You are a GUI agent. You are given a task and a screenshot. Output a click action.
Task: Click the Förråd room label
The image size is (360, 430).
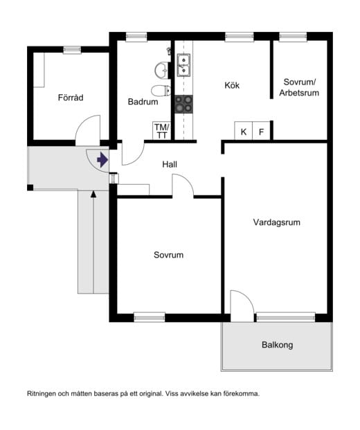click(71, 98)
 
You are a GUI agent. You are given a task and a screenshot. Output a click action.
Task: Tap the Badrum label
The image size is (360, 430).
click(143, 102)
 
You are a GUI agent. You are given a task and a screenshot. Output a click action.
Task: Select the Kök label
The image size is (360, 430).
click(232, 85)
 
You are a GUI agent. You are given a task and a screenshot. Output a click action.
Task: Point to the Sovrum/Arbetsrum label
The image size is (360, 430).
click(299, 87)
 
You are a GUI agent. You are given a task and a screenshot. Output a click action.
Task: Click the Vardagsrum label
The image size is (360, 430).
click(277, 222)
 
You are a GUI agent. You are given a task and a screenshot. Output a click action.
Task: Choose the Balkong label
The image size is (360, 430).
click(277, 345)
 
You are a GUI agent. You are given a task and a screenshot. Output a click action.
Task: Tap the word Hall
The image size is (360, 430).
click(170, 164)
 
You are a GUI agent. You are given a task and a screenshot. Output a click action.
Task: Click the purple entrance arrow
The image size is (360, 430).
click(102, 159)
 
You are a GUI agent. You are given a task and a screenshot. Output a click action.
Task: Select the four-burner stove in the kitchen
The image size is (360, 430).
click(183, 104)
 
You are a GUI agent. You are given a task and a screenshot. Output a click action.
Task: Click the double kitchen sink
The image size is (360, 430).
click(183, 65)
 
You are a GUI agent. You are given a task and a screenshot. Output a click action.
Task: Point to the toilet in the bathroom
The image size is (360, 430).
click(161, 91)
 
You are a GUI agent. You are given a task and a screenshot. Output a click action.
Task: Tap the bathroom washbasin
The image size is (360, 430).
click(162, 71)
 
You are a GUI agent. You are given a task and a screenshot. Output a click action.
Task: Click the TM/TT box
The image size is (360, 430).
click(161, 131)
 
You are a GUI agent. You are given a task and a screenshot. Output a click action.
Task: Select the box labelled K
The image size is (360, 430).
click(244, 131)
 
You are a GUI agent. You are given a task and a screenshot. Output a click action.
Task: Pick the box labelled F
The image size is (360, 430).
click(261, 131)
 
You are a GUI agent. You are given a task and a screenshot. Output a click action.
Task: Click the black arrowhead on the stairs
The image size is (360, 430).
click(93, 194)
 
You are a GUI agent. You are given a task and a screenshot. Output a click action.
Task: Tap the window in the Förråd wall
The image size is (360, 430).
click(72, 50)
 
